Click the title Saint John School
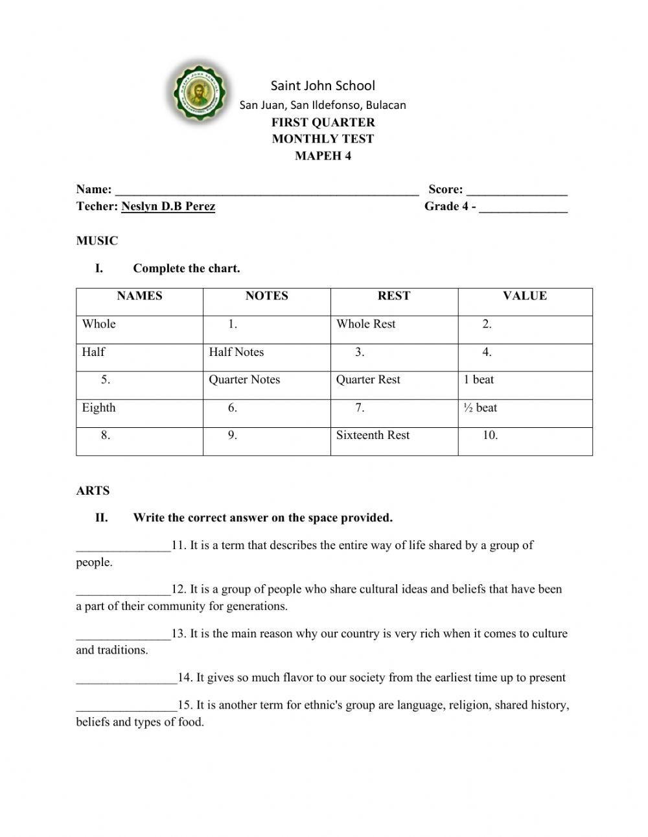(323, 86)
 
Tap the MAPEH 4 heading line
(323, 156)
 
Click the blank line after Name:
(266, 191)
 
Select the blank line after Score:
(516, 191)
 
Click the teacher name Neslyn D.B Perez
(168, 207)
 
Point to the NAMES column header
(139, 296)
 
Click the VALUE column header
(524, 296)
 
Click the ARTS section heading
(93, 491)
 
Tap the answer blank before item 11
(123, 547)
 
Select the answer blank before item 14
(126, 679)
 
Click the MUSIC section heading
(97, 241)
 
